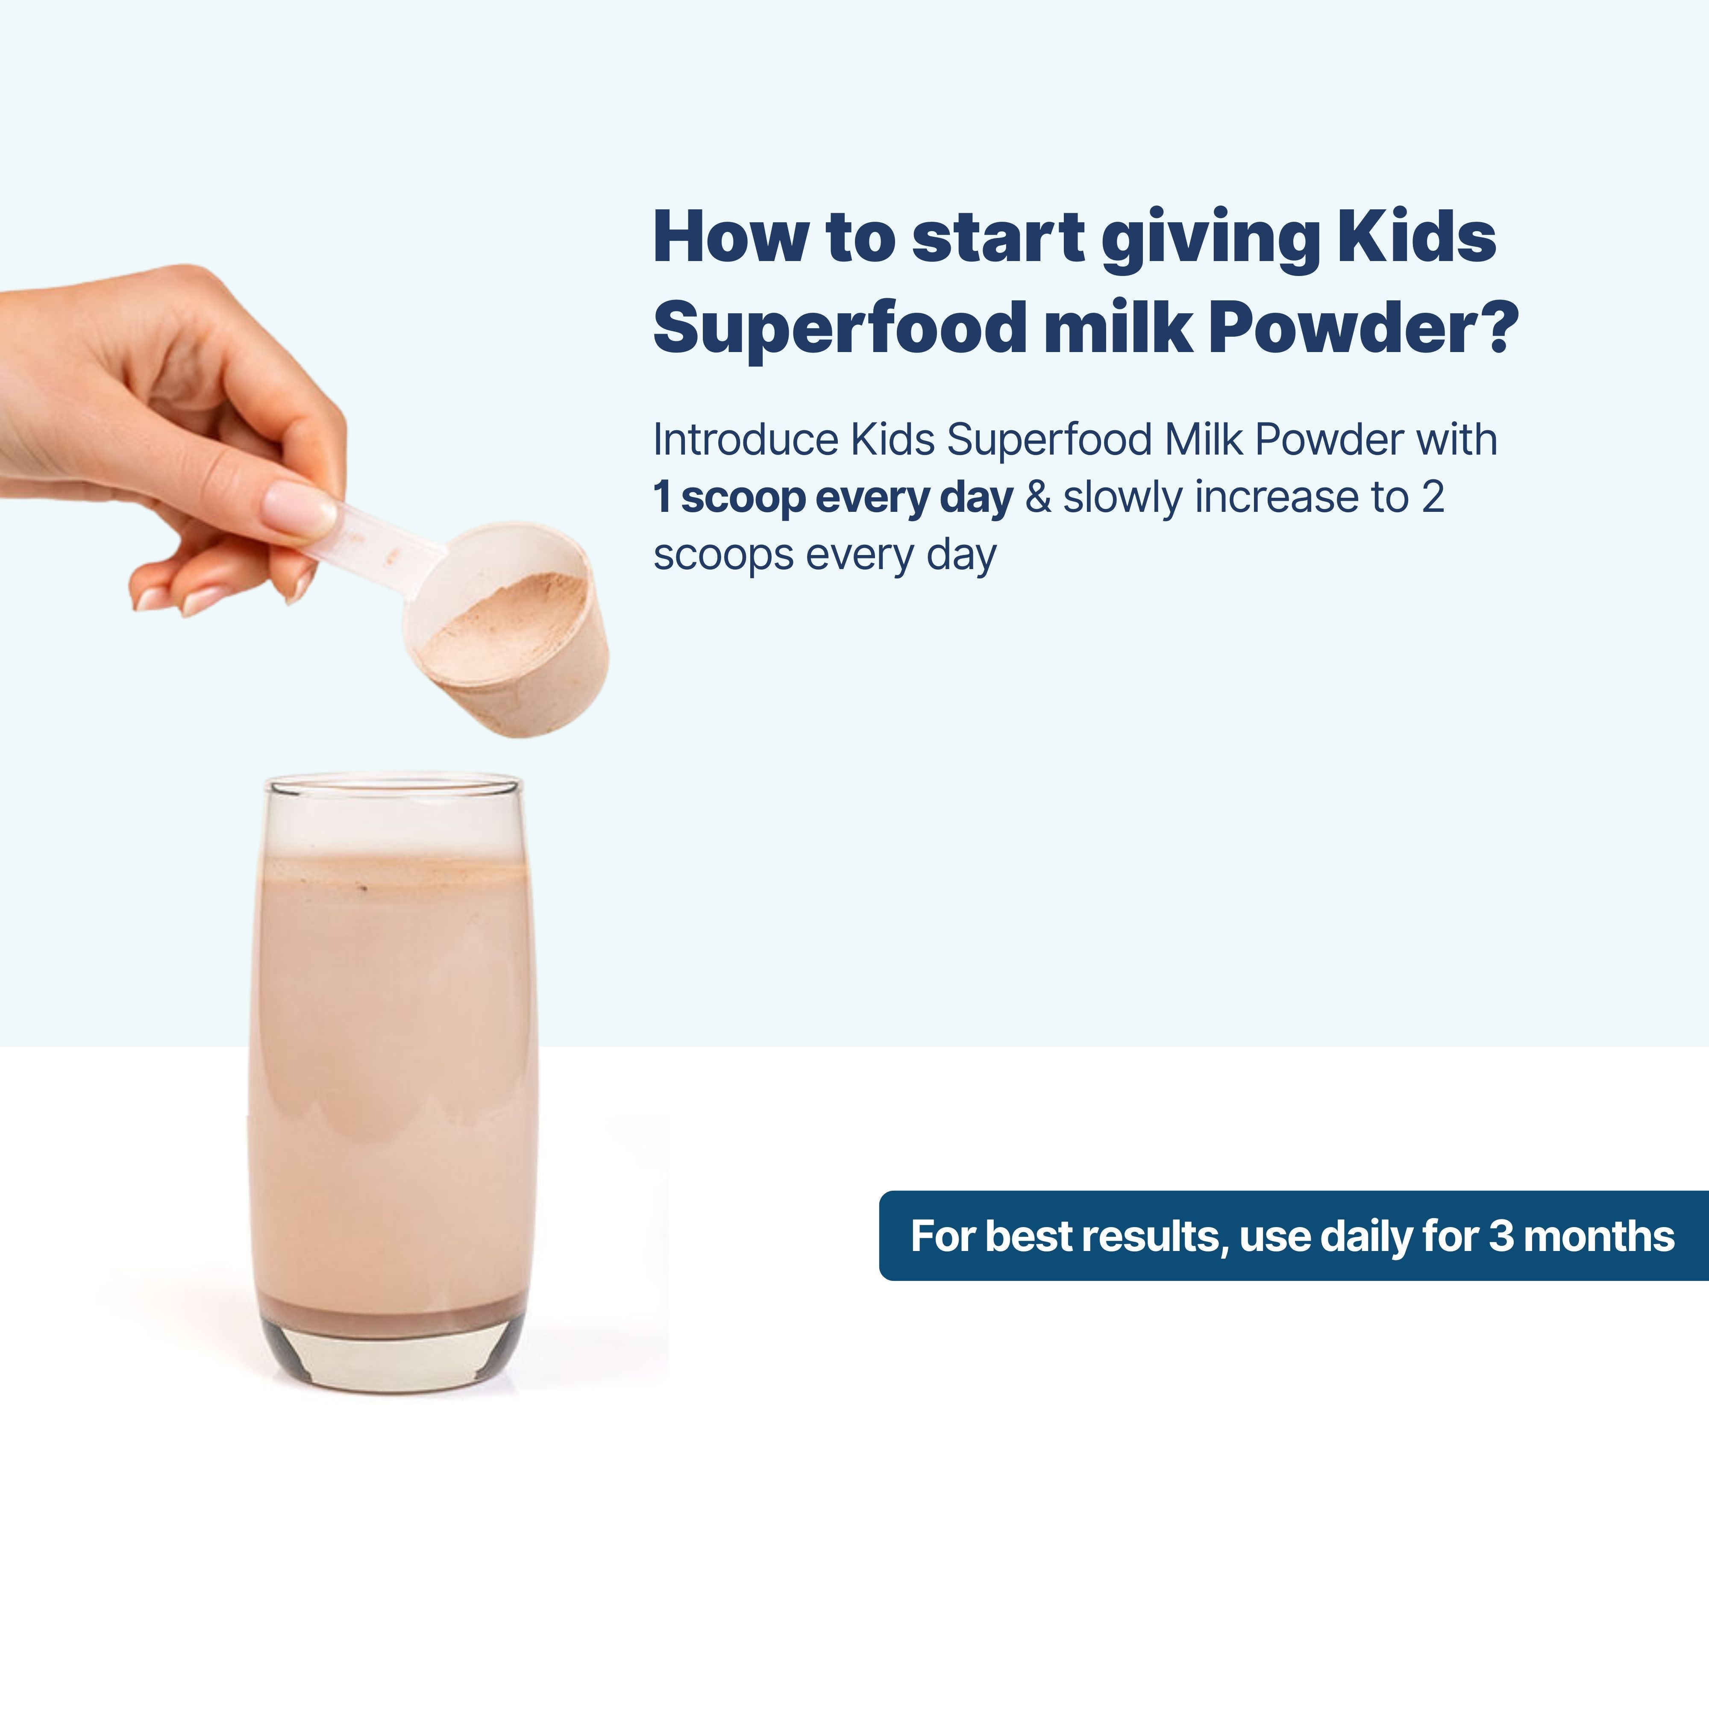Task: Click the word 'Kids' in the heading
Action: pyautogui.click(x=1416, y=237)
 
